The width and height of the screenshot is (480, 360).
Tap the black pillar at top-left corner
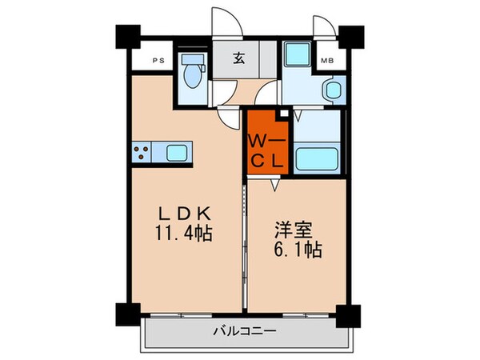coord(126,35)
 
